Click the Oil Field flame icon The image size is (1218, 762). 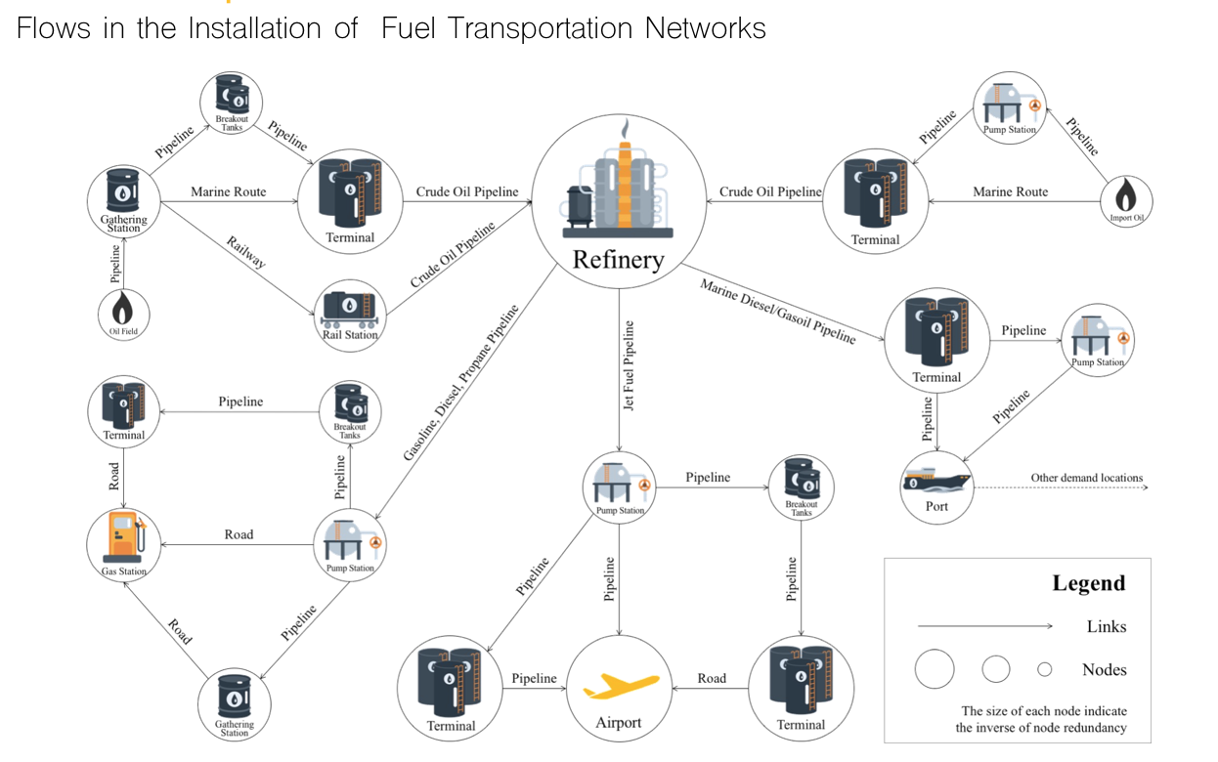pos(123,310)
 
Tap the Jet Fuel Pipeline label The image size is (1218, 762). pos(630,364)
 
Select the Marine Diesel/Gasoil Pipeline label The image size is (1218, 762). pos(778,311)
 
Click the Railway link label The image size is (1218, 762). pos(245,252)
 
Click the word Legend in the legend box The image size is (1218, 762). pos(1088,583)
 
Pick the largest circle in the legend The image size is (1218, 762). pos(935,669)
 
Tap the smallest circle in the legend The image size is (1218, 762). pos(1044,669)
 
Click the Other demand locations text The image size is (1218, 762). pos(1086,478)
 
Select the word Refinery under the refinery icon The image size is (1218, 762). pos(618,260)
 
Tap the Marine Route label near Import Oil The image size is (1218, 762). pos(1010,192)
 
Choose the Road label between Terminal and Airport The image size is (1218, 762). pos(712,678)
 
